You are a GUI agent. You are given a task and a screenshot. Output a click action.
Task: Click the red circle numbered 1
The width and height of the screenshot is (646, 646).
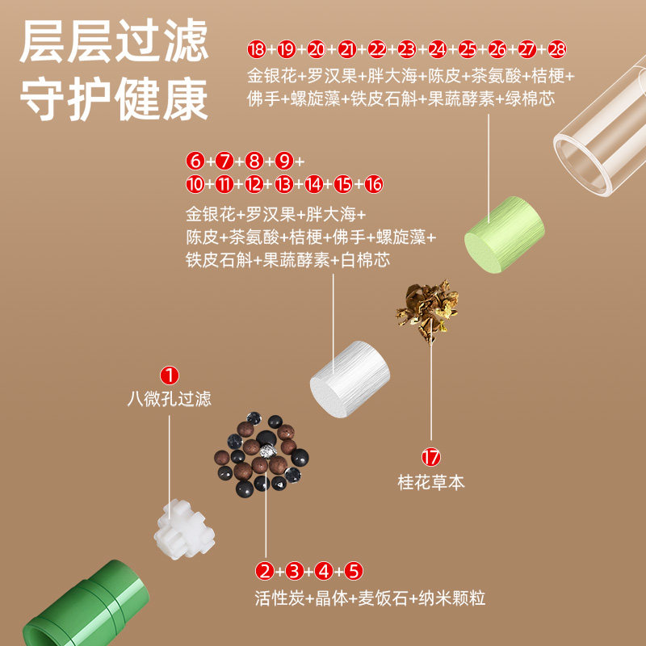coord(170,375)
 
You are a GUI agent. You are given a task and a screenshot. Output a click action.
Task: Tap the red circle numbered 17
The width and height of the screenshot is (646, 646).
coord(431,458)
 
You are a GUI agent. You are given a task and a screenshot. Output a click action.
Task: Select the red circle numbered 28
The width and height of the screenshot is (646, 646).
coord(557,49)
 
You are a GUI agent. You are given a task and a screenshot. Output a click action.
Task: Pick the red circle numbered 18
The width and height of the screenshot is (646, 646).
coord(256,49)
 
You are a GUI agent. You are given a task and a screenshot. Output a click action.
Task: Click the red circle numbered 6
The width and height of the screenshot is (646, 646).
coord(194,159)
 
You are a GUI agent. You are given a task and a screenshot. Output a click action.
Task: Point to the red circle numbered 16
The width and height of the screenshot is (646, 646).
coord(373,184)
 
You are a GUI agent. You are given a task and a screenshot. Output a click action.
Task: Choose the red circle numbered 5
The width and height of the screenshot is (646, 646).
coord(354,572)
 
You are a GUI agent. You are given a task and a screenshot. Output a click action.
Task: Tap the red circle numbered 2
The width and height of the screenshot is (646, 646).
coord(264,572)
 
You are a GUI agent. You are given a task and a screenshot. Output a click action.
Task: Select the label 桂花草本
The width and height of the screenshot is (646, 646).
coord(431,483)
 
